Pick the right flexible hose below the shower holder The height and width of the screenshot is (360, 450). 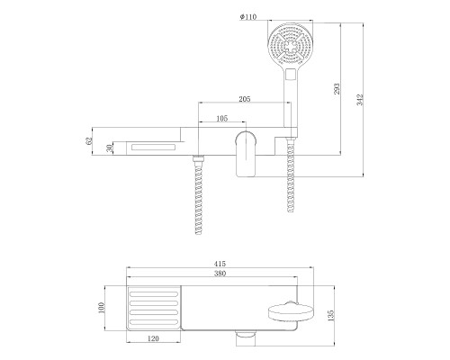point(291,180)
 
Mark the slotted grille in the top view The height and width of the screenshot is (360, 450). point(157,309)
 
